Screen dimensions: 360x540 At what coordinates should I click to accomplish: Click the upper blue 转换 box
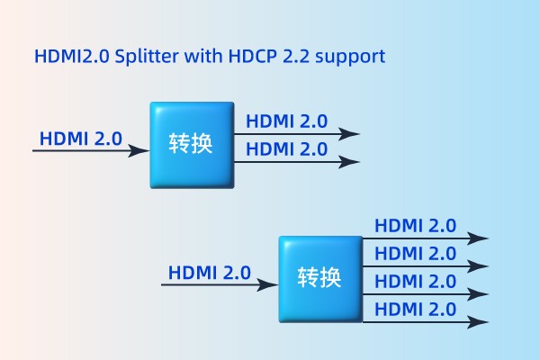(191, 144)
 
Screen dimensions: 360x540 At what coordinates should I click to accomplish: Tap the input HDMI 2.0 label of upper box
(80, 139)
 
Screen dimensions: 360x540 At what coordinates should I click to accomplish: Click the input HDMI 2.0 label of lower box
(210, 273)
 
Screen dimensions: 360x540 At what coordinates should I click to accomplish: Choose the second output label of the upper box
(286, 149)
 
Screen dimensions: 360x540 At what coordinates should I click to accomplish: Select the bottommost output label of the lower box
(415, 310)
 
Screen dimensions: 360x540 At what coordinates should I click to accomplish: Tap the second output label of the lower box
(415, 255)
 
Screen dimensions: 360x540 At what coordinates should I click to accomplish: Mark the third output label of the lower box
(415, 283)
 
